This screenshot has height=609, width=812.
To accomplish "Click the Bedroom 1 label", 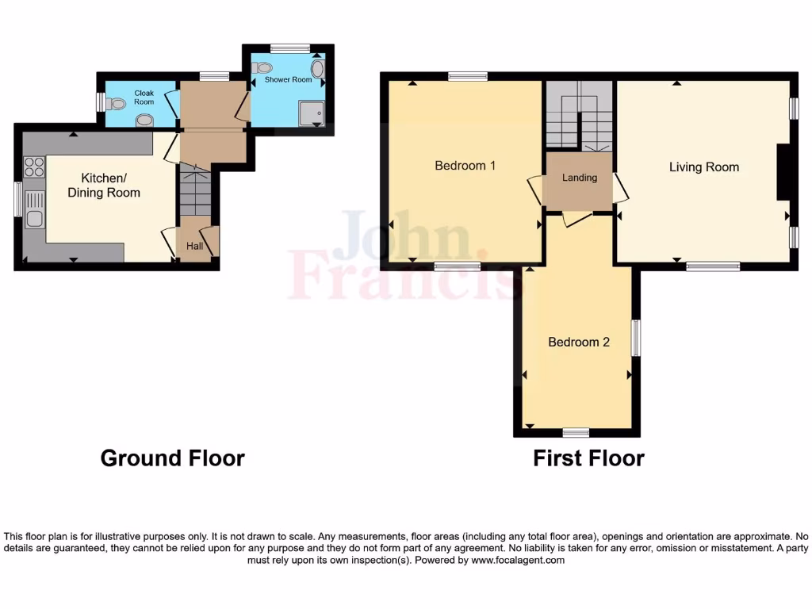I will pos(465,166).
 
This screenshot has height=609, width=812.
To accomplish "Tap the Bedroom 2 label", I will pos(579,343).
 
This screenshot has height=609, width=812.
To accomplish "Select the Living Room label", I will pos(703,167).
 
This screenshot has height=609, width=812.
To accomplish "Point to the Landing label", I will pos(580,178).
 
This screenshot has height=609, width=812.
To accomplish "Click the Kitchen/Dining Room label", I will pos(104,186).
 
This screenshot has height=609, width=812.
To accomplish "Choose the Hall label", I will pos(194,247).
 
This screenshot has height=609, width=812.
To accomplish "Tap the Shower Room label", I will pos(288,80).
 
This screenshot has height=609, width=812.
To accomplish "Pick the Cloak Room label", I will pos(144,98).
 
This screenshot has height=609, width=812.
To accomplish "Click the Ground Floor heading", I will pos(172,458).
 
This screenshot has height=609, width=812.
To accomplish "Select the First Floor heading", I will pos(588,458).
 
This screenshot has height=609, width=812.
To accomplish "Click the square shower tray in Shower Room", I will pos(312,113).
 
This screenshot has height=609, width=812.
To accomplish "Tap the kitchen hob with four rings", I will pos(34,167).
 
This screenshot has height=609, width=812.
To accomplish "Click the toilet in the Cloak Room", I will pos(117,103).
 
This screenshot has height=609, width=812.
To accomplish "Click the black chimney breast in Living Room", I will pos(781,172).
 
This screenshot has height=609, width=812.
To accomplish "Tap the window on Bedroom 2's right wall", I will pos(636,337).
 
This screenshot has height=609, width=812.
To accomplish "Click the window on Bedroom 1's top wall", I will pos(467,76).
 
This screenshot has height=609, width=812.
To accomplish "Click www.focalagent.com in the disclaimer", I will pos(519,560).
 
